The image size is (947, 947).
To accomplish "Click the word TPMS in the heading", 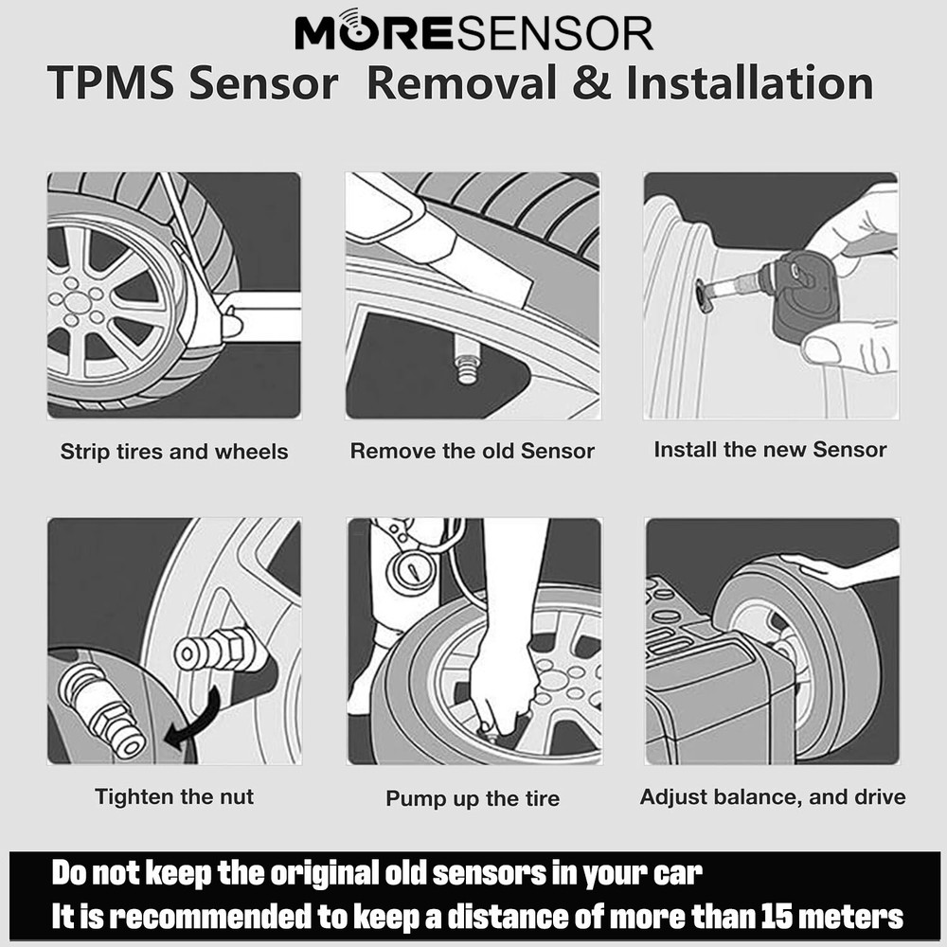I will click(x=109, y=82).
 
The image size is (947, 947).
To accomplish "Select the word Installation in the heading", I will click(x=748, y=82).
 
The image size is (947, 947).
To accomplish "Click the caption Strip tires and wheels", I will click(x=174, y=452).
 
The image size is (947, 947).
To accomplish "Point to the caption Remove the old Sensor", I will click(x=473, y=451).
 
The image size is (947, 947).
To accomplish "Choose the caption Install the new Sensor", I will click(x=770, y=449).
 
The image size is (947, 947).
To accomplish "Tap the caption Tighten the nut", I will click(x=174, y=796).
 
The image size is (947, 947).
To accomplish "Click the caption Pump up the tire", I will click(x=473, y=798).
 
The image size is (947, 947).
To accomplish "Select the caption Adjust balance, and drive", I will click(x=773, y=796).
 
